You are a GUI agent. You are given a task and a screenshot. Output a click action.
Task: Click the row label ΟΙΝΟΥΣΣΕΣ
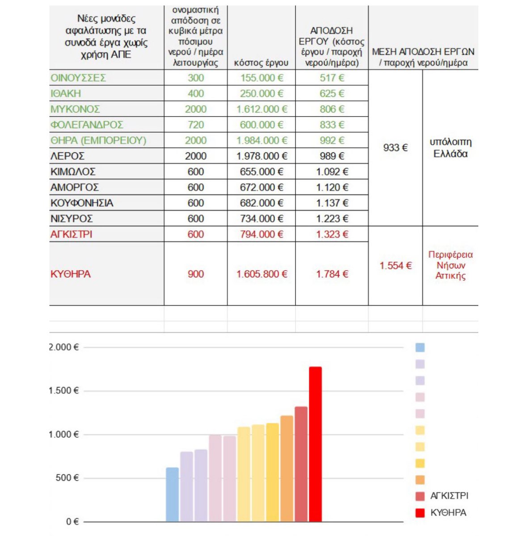tap(79, 78)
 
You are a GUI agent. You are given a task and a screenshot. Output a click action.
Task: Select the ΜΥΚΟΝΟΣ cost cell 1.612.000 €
tap(261, 109)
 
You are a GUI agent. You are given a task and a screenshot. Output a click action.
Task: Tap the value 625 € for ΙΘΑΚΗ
tap(332, 94)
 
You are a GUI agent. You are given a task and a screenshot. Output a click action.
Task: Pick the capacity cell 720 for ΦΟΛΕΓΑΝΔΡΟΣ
tap(196, 125)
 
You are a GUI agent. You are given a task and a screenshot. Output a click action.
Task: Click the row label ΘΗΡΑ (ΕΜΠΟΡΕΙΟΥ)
tap(98, 141)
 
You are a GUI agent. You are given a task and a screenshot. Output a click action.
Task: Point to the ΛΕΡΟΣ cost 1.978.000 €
tap(261, 156)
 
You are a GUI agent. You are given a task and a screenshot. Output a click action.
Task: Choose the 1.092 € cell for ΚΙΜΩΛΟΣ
tap(332, 172)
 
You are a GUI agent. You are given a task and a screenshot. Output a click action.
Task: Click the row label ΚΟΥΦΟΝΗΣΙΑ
tap(82, 203)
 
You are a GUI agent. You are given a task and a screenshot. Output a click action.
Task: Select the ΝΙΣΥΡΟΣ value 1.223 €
tap(332, 219)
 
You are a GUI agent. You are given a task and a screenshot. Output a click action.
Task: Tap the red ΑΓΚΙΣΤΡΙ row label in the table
tap(72, 234)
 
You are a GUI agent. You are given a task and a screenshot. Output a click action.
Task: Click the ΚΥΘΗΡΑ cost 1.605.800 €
tap(261, 274)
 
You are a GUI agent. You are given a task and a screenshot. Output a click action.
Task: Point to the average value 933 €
tap(395, 148)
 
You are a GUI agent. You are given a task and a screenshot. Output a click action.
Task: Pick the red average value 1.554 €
tap(395, 266)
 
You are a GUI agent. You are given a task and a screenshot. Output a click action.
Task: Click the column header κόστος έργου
tap(261, 63)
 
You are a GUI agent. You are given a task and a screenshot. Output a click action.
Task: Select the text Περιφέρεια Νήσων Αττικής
tap(450, 265)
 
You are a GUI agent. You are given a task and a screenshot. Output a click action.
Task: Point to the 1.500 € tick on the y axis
tap(63, 391)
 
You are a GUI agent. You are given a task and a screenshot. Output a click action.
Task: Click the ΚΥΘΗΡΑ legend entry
tap(448, 513)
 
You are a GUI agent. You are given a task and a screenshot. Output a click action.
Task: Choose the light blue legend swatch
tap(420, 348)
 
